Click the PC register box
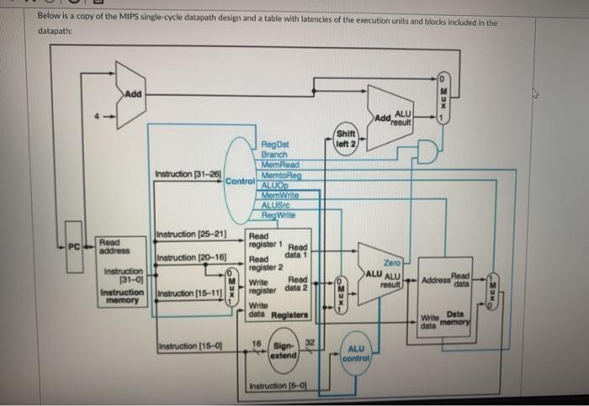click(x=74, y=246)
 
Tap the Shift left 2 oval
click(x=347, y=137)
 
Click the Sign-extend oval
click(x=284, y=351)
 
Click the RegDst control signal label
click(x=275, y=144)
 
